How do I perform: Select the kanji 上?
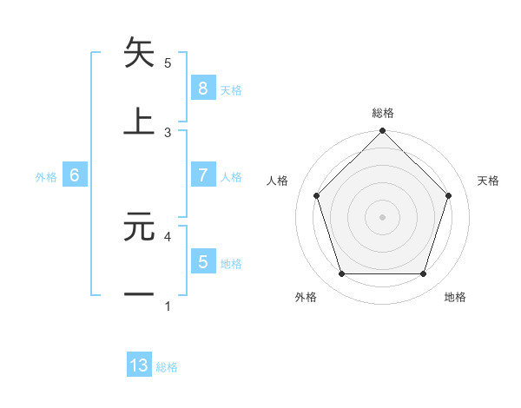[x=139, y=121]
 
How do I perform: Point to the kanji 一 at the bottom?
[x=139, y=294]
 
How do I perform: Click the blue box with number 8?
[x=202, y=89]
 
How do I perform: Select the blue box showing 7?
[x=202, y=175]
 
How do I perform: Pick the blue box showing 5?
[x=202, y=261]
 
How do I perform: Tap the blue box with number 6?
[x=75, y=175]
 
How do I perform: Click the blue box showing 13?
[x=139, y=365]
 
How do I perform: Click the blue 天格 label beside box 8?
[x=231, y=90]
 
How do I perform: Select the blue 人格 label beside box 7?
[x=231, y=177]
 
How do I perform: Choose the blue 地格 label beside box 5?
[x=231, y=264]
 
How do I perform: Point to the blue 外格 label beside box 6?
[x=46, y=177]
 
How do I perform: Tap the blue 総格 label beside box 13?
[x=168, y=367]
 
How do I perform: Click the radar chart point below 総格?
[x=382, y=133]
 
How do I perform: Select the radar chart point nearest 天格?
[x=449, y=195]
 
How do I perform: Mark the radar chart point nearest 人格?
[x=316, y=195]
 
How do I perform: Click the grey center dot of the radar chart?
[x=382, y=217]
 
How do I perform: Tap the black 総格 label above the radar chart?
[x=382, y=113]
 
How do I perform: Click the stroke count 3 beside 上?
[x=168, y=132]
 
